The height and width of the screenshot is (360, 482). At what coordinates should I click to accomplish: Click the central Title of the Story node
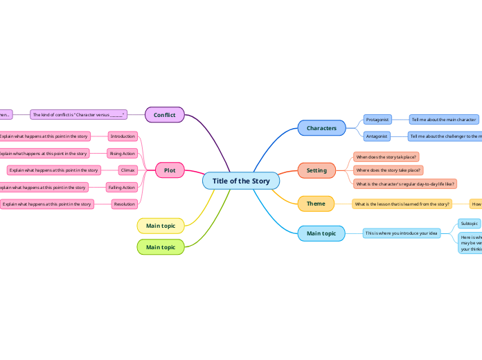pyautogui.click(x=241, y=181)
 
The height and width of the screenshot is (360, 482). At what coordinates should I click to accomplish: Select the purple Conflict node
pyautogui.click(x=165, y=115)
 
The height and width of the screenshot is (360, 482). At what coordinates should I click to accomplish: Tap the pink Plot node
pyautogui.click(x=170, y=170)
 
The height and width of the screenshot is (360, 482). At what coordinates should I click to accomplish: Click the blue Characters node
pyautogui.click(x=321, y=128)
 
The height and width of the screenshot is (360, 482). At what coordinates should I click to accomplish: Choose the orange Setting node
pyautogui.click(x=316, y=170)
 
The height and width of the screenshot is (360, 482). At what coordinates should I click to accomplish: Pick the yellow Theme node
pyautogui.click(x=316, y=204)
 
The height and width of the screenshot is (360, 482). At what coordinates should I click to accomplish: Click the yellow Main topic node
pyautogui.click(x=161, y=226)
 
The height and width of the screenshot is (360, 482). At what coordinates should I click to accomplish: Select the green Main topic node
pyautogui.click(x=161, y=247)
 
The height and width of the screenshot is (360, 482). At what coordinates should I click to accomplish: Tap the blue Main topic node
pyautogui.click(x=321, y=233)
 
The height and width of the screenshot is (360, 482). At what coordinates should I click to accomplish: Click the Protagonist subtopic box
pyautogui.click(x=377, y=120)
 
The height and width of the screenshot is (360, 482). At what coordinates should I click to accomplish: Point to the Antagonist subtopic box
pyautogui.click(x=377, y=136)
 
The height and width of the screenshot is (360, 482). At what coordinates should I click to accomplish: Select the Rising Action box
pyautogui.click(x=123, y=153)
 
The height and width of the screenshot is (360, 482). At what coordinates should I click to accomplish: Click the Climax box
pyautogui.click(x=127, y=170)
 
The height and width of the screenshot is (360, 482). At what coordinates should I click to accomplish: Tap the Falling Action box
pyautogui.click(x=122, y=187)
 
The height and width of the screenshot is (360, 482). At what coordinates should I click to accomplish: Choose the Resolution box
pyautogui.click(x=125, y=204)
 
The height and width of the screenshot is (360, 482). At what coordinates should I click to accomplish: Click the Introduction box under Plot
pyautogui.click(x=123, y=136)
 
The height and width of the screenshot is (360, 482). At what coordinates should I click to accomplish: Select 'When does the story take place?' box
pyautogui.click(x=386, y=157)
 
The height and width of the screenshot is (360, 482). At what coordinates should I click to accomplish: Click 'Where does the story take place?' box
pyautogui.click(x=388, y=170)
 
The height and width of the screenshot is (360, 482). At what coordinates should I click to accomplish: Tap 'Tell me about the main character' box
pyautogui.click(x=443, y=120)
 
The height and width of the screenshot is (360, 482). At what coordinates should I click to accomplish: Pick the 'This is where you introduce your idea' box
pyautogui.click(x=402, y=233)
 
